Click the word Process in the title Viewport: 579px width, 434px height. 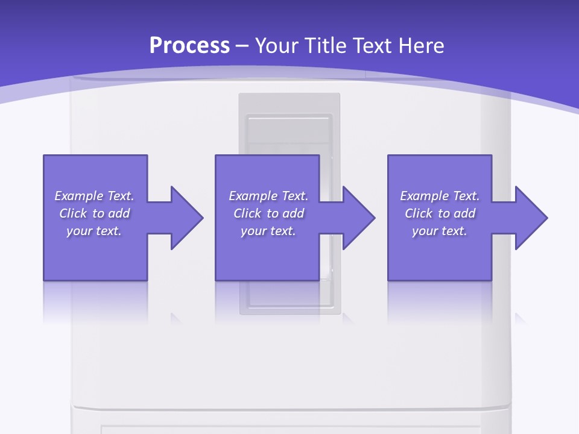(x=189, y=46)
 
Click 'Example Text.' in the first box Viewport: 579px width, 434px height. (x=94, y=196)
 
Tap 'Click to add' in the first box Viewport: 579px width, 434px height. (x=94, y=213)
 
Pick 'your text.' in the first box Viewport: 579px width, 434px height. (x=94, y=231)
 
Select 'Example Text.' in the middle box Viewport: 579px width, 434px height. (x=268, y=196)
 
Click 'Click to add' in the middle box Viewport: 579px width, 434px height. (x=268, y=213)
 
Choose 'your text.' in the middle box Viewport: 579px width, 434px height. (x=268, y=231)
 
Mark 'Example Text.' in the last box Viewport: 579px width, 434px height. (x=440, y=196)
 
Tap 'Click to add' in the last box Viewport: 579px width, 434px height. (x=440, y=213)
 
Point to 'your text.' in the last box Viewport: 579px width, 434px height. (x=440, y=231)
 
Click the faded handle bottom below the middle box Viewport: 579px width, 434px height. (x=289, y=298)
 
